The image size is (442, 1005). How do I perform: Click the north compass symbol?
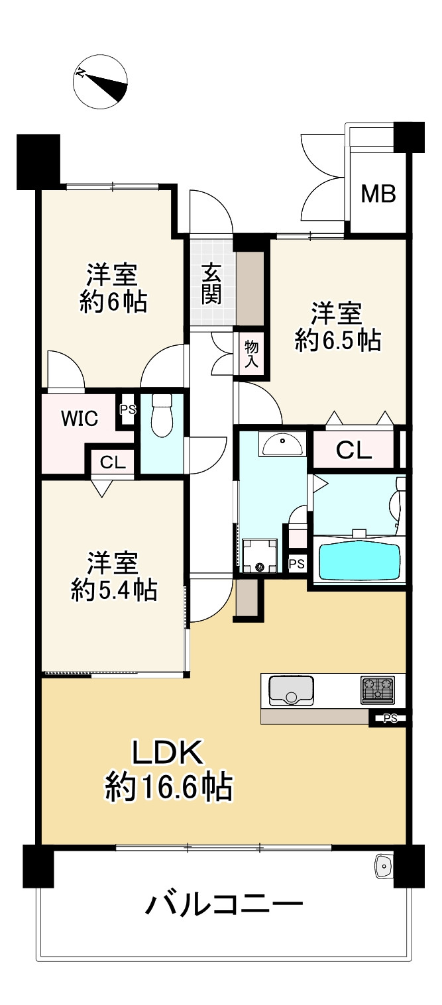(100, 81)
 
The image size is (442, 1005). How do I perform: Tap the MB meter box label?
(378, 194)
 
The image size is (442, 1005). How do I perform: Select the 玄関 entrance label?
(211, 284)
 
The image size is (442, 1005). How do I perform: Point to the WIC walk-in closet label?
(80, 418)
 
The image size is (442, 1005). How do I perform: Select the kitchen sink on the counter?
(291, 690)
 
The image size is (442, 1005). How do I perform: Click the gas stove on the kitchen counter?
(377, 690)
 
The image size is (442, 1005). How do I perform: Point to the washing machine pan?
(259, 555)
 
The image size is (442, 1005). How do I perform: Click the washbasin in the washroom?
(284, 444)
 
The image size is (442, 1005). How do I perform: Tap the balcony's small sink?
(384, 865)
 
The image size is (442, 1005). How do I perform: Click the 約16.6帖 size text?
(168, 788)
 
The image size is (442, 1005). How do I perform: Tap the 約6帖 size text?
(113, 302)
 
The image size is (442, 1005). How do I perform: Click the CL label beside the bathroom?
(354, 450)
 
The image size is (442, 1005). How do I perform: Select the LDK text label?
(166, 753)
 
